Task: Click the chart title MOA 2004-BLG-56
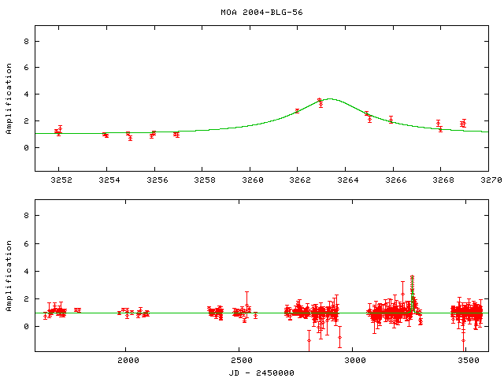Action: tap(251, 13)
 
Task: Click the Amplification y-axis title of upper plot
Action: tap(9, 105)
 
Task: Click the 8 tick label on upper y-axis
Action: tap(27, 41)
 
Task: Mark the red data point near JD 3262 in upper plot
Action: tap(297, 111)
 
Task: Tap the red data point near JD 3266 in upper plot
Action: tap(391, 120)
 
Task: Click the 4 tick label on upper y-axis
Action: tap(27, 94)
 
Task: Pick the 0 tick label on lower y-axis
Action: tap(27, 326)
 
